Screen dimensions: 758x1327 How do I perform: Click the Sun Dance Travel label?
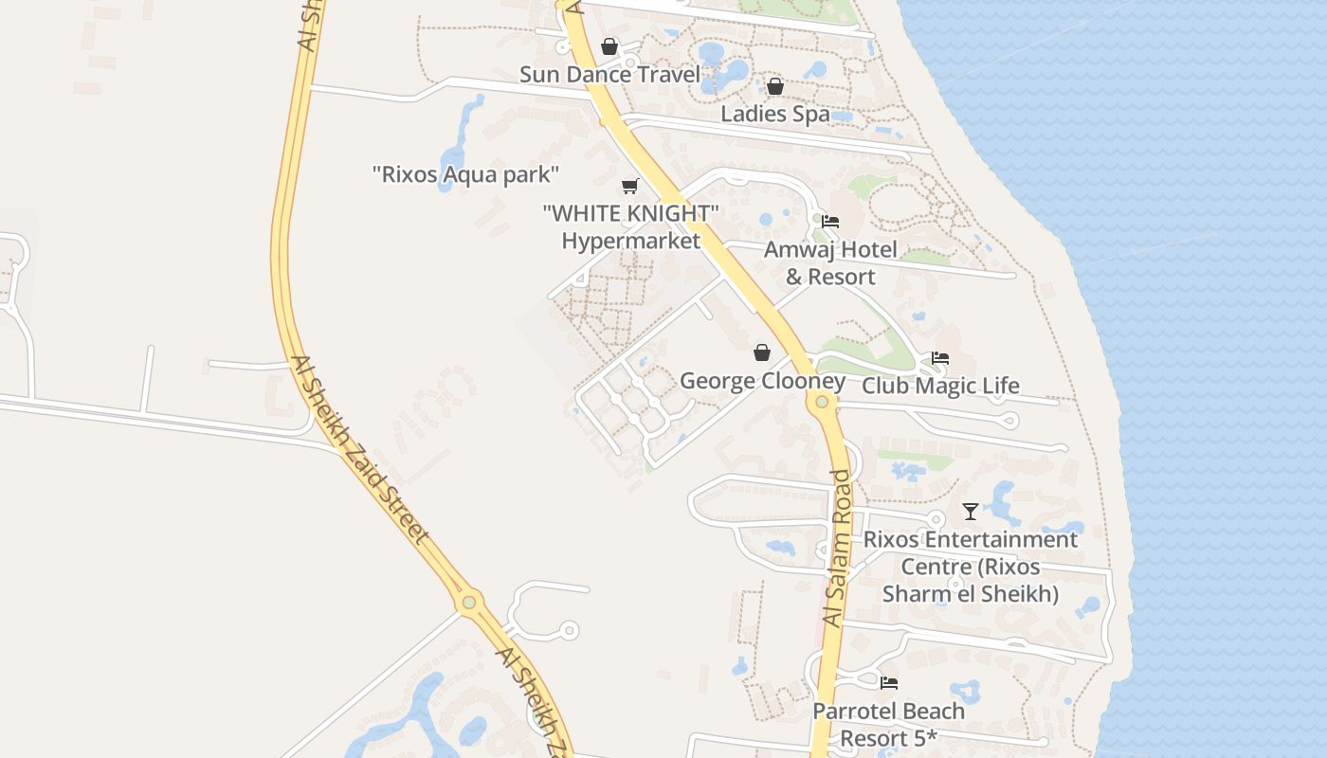pos(609,75)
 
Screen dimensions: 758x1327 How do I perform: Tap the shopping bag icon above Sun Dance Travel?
pos(609,46)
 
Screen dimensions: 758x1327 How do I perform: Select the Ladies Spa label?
pos(775,114)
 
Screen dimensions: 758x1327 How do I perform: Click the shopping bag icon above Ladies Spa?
pos(775,86)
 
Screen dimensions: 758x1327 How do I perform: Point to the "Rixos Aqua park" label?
pos(465,174)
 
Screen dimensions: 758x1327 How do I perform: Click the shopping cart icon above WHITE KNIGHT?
pos(630,186)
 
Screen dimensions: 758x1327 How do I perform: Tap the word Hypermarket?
pos(630,241)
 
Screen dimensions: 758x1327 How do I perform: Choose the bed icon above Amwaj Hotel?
pos(830,222)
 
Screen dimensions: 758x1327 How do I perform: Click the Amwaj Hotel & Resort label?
pos(830,263)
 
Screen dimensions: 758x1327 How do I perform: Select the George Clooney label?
pos(762,381)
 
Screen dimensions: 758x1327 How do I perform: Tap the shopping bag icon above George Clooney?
pos(762,353)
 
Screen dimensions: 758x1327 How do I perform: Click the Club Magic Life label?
pos(940,386)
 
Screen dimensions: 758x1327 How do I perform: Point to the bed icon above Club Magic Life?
pos(940,358)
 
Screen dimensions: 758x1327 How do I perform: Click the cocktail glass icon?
pos(971,512)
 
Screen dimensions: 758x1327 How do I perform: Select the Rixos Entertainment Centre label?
pos(971,567)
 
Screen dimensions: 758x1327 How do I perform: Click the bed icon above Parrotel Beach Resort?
pos(889,682)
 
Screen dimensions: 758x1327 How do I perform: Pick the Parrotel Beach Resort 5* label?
pos(889,724)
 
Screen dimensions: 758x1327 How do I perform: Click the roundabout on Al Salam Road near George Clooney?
pos(822,402)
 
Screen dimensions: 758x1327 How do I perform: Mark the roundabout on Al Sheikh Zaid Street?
pos(468,602)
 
